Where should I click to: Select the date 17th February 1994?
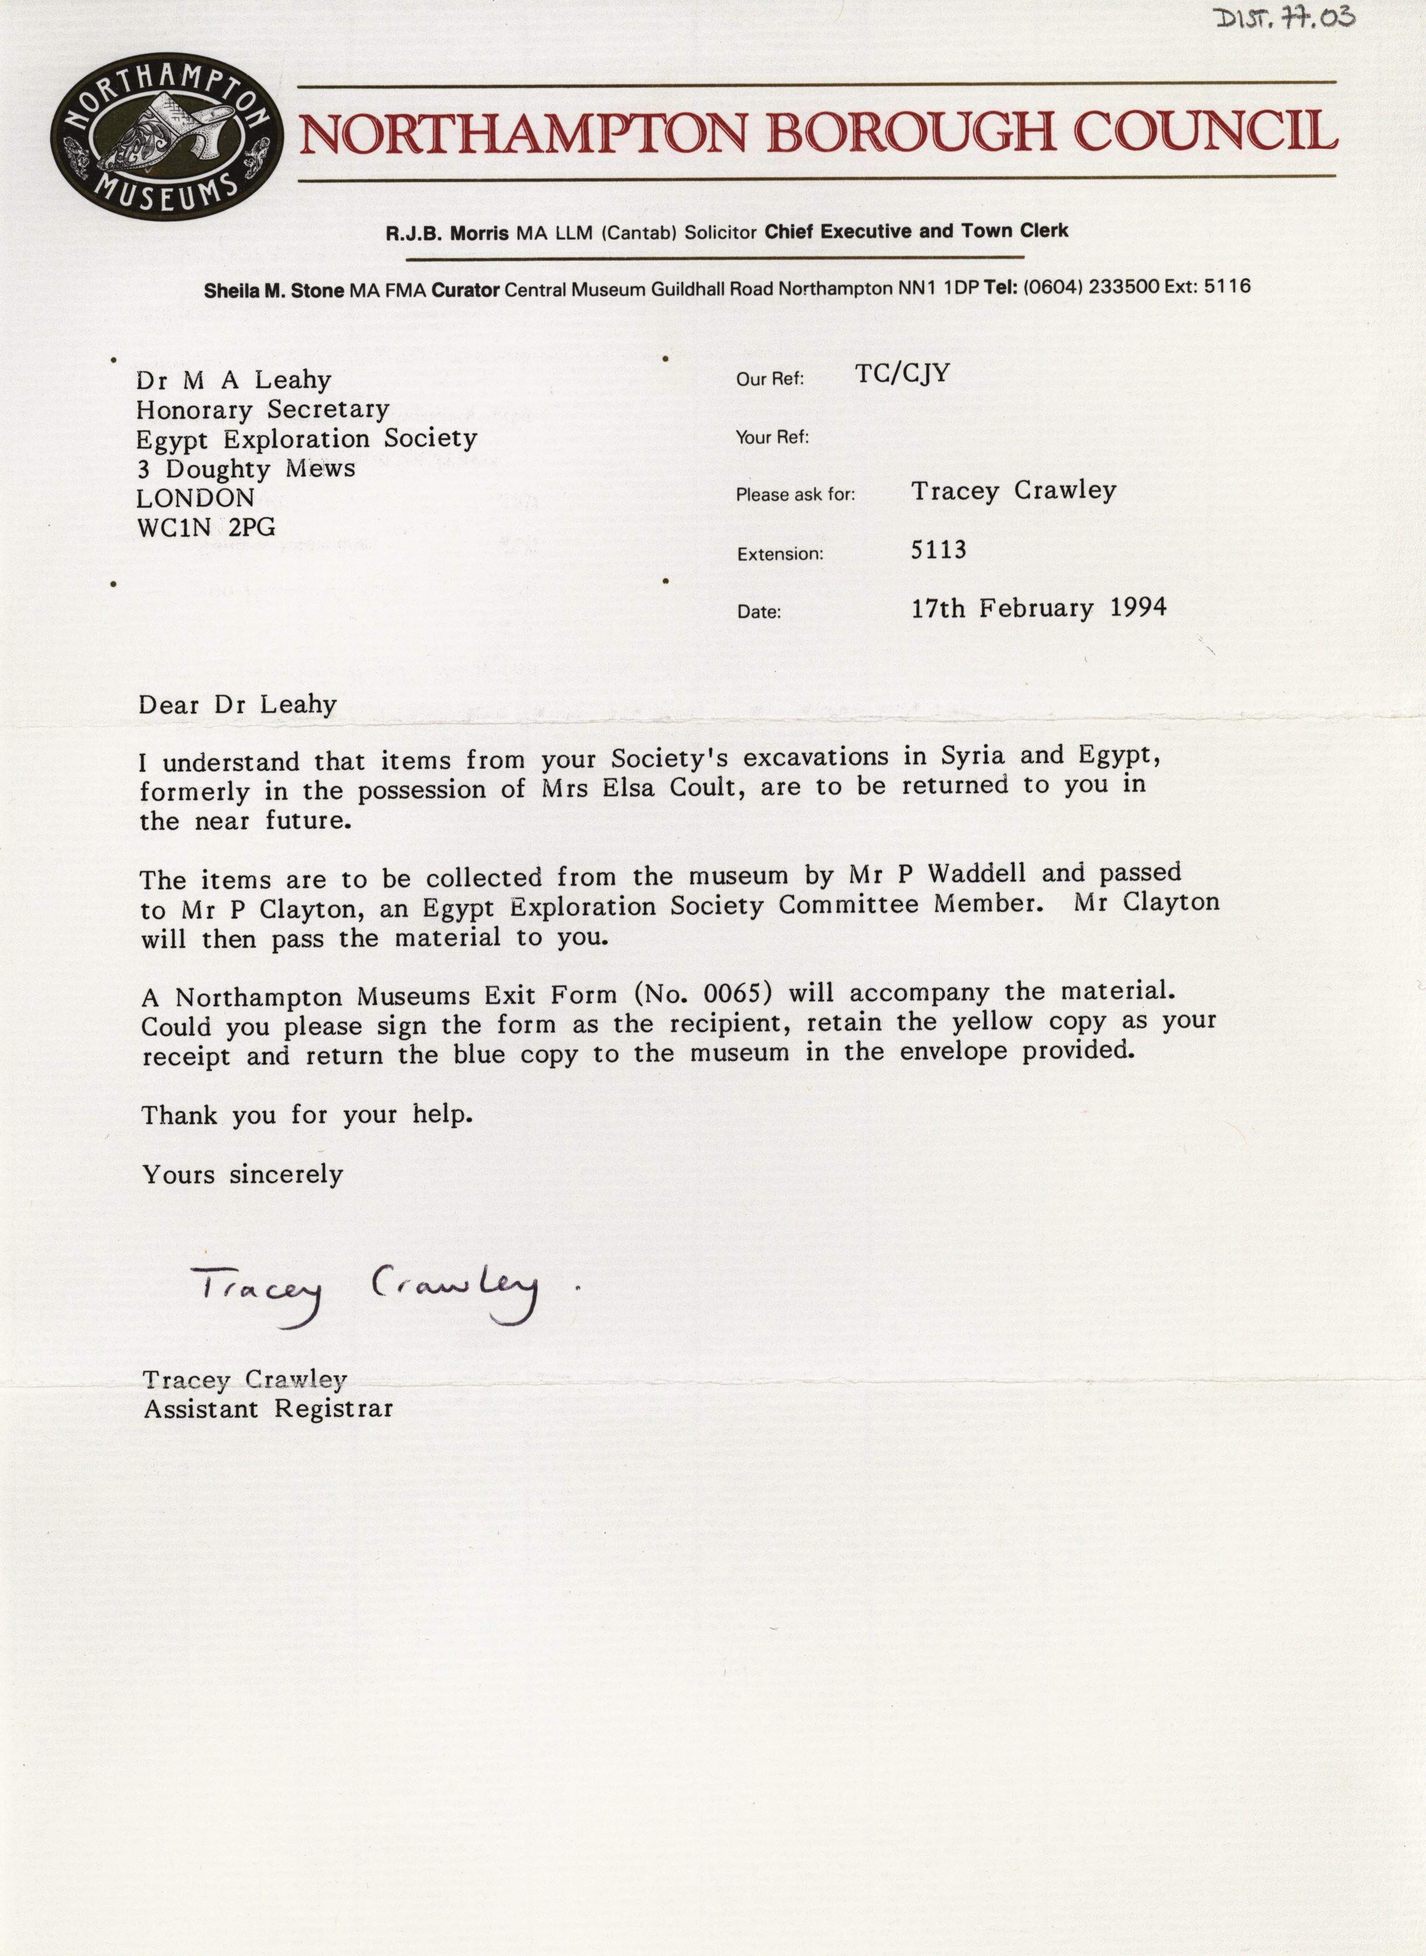point(1038,608)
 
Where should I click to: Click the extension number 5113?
point(938,549)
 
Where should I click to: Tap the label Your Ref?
point(772,437)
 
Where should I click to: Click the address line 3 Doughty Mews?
point(246,469)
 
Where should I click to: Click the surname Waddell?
point(969,874)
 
